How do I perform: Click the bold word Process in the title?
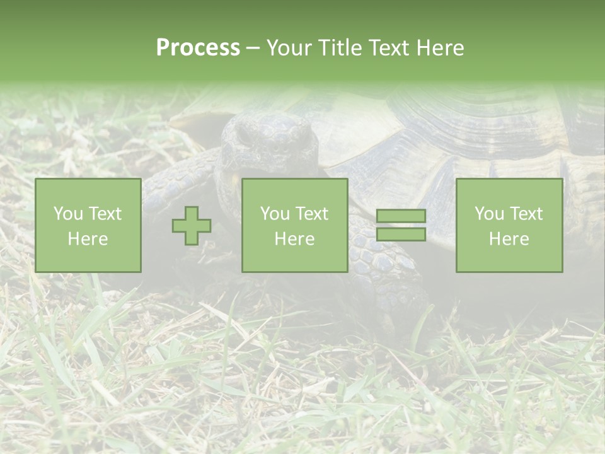coord(198,47)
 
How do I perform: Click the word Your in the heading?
coord(289,48)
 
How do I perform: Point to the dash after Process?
coord(253,48)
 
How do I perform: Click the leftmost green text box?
coord(88,225)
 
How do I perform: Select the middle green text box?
coord(294,225)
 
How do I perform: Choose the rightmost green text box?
coord(509,225)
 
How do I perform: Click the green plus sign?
coord(192,226)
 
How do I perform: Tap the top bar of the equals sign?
coord(401,216)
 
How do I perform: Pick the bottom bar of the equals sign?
coord(401,235)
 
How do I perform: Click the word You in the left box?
coord(67,214)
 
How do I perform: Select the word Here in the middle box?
coord(294,239)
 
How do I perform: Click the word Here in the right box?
coord(509,239)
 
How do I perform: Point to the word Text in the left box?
coord(105,214)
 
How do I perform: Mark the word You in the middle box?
coord(275,214)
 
